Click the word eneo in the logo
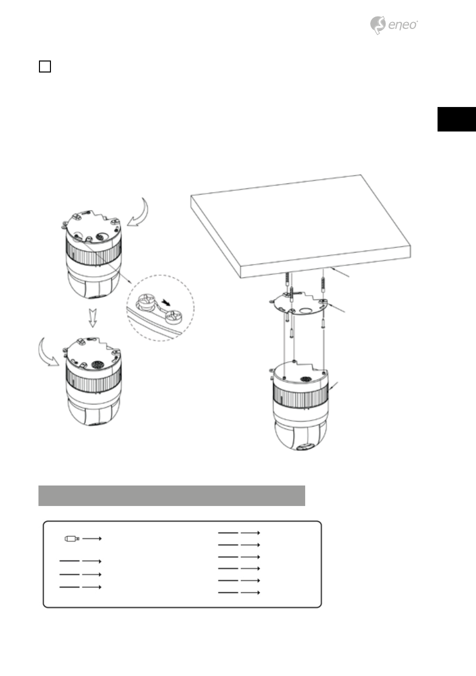pyautogui.click(x=403, y=25)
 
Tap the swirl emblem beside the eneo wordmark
pyautogui.click(x=378, y=25)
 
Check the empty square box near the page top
pyautogui.click(x=45, y=66)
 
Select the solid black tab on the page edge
pyautogui.click(x=457, y=119)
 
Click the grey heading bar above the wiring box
pyautogui.click(x=171, y=495)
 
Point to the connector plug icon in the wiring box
pyautogui.click(x=72, y=538)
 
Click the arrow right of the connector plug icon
pyautogui.click(x=92, y=538)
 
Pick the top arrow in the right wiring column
pyautogui.click(x=250, y=533)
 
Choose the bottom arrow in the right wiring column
pyautogui.click(x=250, y=592)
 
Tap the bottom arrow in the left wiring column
pyautogui.click(x=92, y=587)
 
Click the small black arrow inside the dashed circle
pyautogui.click(x=166, y=302)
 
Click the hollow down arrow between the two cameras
pyautogui.click(x=93, y=318)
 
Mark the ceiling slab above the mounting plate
pyautogui.click(x=301, y=226)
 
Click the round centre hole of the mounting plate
pyautogui.click(x=307, y=310)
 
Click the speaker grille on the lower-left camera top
pyautogui.click(x=97, y=365)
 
